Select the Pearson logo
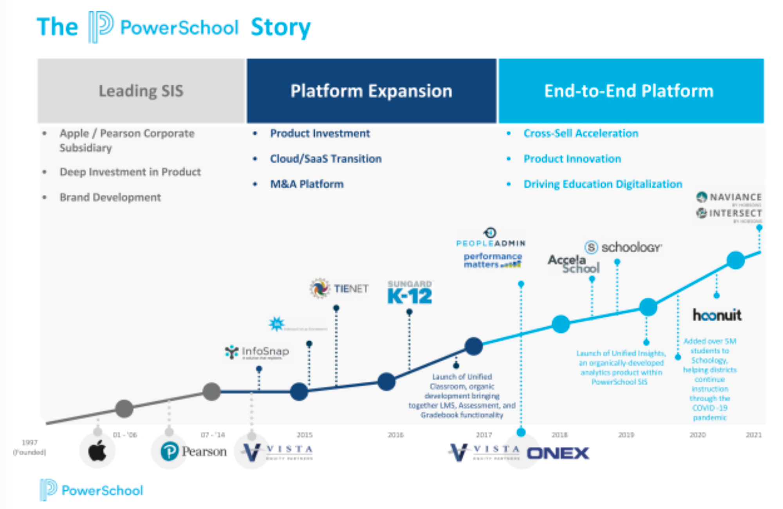(x=194, y=451)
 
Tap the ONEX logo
(x=557, y=453)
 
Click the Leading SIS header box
(x=141, y=91)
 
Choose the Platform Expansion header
(x=371, y=91)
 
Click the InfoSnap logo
(x=257, y=351)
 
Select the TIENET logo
(x=339, y=288)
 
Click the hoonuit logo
(x=717, y=315)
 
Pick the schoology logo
(x=623, y=247)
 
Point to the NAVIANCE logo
(x=729, y=197)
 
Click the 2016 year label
(x=395, y=435)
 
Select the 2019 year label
(x=626, y=435)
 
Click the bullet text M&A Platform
(x=307, y=184)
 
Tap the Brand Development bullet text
(x=110, y=197)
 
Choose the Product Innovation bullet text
(x=572, y=159)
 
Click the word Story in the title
(x=280, y=27)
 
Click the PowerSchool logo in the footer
(x=92, y=490)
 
